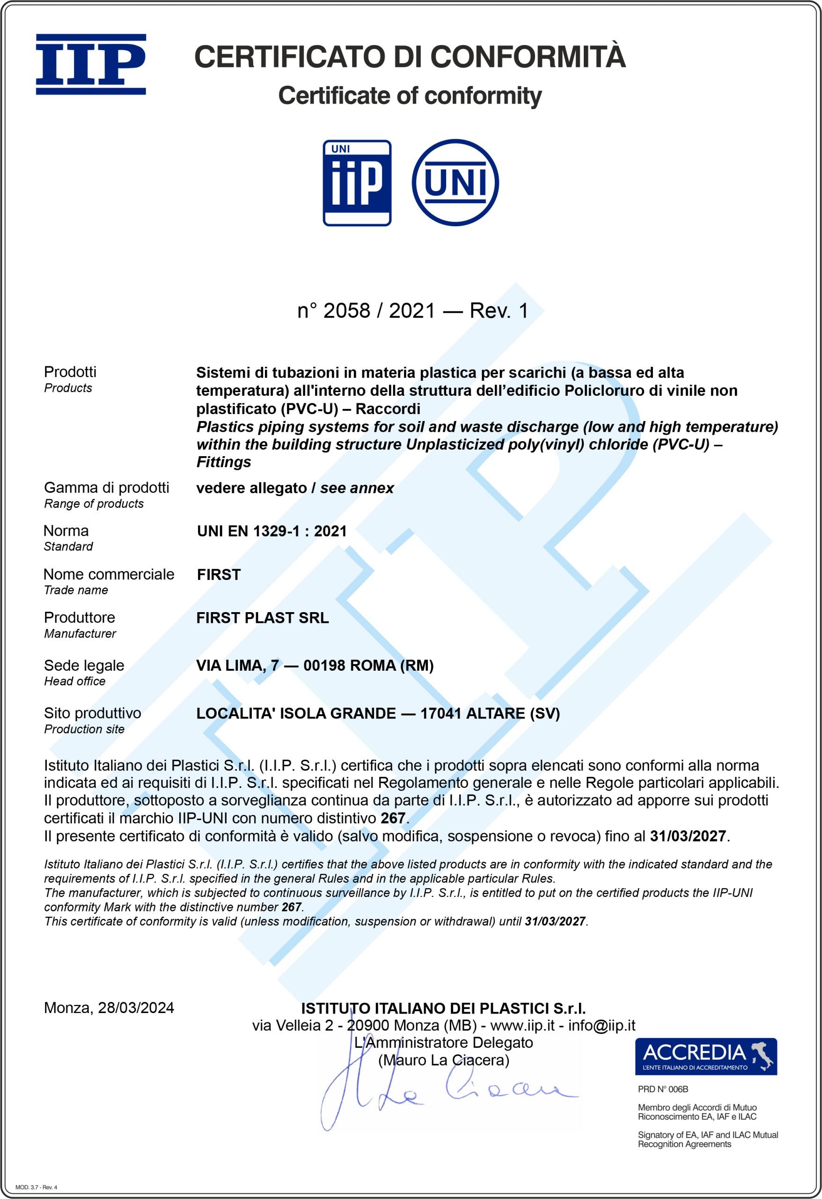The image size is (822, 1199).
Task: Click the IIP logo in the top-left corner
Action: pyautogui.click(x=91, y=65)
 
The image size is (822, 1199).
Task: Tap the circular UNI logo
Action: pyautogui.click(x=455, y=182)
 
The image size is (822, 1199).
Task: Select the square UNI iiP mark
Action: pyautogui.click(x=357, y=183)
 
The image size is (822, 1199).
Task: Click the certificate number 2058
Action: pyautogui.click(x=346, y=311)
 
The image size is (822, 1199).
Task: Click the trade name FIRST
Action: pyautogui.click(x=219, y=574)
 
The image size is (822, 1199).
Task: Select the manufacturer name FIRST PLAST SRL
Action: pyautogui.click(x=263, y=618)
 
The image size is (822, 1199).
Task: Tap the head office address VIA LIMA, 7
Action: pyautogui.click(x=237, y=666)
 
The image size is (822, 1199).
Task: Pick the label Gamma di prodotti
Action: pyautogui.click(x=106, y=488)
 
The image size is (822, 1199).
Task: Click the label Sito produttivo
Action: pyautogui.click(x=92, y=713)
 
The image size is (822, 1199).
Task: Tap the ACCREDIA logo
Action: pyautogui.click(x=705, y=1056)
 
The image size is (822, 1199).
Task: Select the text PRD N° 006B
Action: pyautogui.click(x=663, y=1089)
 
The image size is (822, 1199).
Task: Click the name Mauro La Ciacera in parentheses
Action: pyautogui.click(x=443, y=1060)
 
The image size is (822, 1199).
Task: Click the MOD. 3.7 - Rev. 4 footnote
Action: pyautogui.click(x=36, y=1187)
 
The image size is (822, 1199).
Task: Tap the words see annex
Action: pyautogui.click(x=357, y=488)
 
